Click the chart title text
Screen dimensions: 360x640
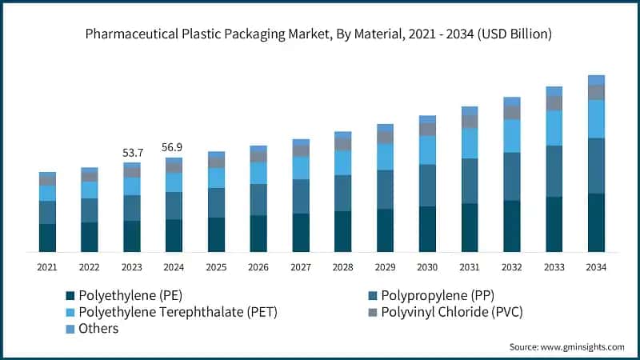[x=320, y=34]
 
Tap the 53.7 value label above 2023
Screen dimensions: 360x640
[x=132, y=152]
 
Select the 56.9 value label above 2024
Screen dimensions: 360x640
[x=174, y=147]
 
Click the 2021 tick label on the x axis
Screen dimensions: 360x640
[x=47, y=266]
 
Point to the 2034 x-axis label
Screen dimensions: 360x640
[x=596, y=266]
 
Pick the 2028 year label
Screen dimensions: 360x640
[x=342, y=266]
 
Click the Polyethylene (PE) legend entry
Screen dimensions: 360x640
[x=128, y=295]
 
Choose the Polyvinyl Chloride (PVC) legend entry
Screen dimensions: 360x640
[x=447, y=312]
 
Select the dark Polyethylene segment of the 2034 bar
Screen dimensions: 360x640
[x=596, y=222]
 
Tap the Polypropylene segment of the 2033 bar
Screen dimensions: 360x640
[x=554, y=171]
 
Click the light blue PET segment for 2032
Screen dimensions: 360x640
[x=511, y=136]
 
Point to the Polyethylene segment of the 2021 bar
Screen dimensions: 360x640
[x=47, y=238]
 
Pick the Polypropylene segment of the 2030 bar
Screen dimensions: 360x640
[x=427, y=186]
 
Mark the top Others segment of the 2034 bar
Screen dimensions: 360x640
[x=596, y=80]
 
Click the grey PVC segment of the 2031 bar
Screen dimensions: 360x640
[x=470, y=122]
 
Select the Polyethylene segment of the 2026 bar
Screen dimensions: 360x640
[x=258, y=234]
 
